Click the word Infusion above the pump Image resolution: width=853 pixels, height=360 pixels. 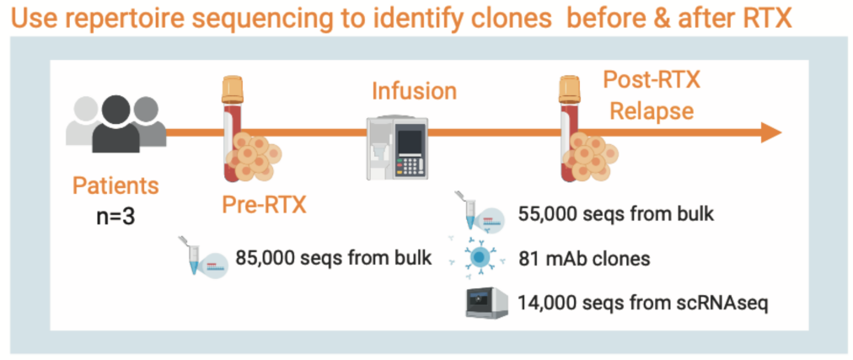415,90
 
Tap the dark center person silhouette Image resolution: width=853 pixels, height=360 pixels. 116,126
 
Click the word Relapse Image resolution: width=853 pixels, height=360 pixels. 651,110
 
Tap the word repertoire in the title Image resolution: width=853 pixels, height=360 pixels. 154,18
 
